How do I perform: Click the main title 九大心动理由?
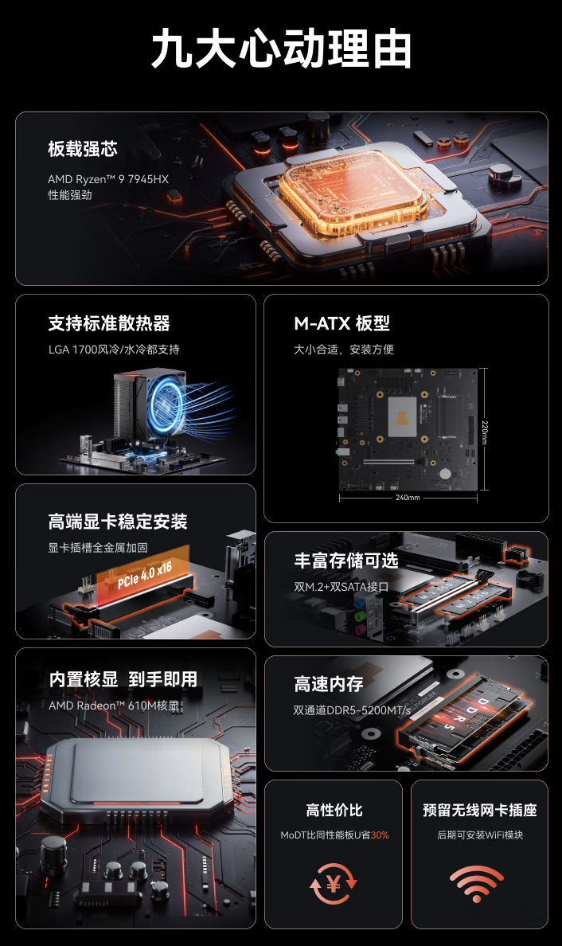281,49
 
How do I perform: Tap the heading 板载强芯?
83,149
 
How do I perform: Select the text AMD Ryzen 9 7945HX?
108,179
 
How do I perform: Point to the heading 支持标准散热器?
109,323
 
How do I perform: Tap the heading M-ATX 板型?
341,323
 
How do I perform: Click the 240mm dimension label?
408,498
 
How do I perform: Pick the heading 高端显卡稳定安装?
118,522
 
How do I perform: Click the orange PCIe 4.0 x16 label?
144,575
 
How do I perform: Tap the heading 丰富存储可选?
345,561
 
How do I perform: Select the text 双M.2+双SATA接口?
341,587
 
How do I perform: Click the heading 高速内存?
329,684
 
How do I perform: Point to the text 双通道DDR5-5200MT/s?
352,709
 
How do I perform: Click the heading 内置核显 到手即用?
123,679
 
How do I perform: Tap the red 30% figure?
380,835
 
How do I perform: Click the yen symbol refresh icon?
334,883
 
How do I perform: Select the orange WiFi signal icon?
477,883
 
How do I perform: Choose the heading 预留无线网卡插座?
479,811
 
